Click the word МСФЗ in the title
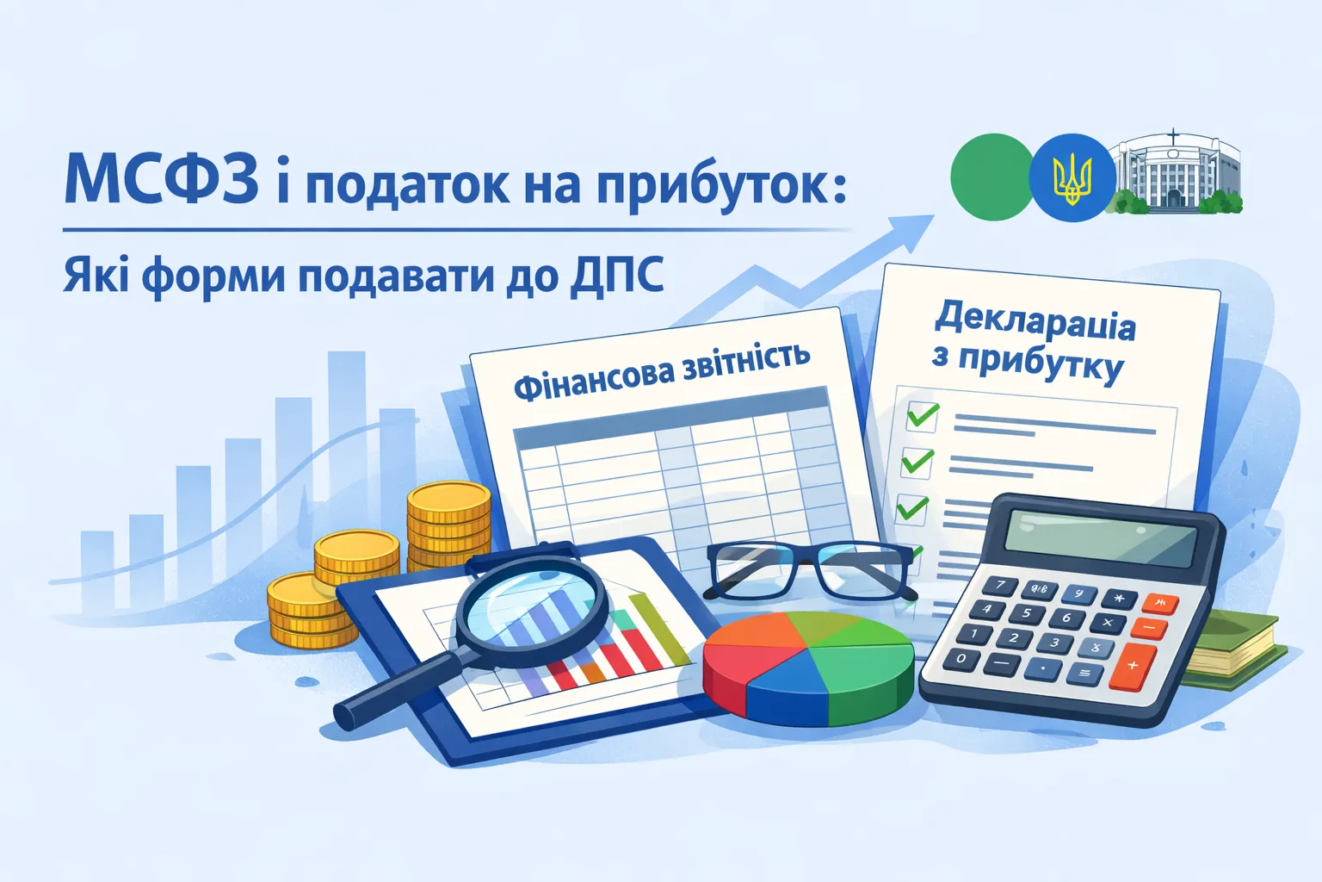(161, 178)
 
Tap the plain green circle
(991, 177)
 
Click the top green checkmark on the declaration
(922, 416)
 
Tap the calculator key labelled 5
(1026, 614)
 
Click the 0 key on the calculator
(961, 659)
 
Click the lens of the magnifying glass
(532, 603)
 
